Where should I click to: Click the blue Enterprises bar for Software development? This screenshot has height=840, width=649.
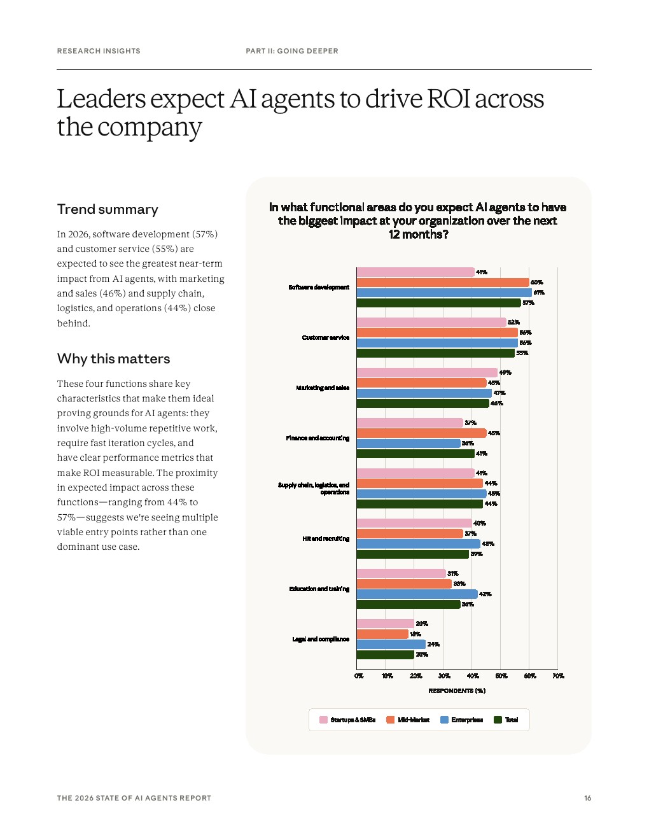(x=443, y=293)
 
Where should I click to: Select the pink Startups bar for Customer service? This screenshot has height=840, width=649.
(x=431, y=323)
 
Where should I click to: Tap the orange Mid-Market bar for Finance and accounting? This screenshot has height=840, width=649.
(x=421, y=433)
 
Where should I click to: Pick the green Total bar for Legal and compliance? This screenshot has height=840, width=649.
(x=385, y=655)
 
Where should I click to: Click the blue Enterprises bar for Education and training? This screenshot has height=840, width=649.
(x=417, y=594)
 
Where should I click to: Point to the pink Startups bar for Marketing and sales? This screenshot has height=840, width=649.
(x=426, y=373)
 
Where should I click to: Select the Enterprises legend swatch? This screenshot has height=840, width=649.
(x=444, y=720)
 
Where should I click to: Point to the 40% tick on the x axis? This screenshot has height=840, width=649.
(x=473, y=676)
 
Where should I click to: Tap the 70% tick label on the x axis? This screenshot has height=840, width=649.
(x=558, y=676)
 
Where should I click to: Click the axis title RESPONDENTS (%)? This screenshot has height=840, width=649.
(x=457, y=690)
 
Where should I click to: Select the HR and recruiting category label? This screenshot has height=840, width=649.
(x=326, y=539)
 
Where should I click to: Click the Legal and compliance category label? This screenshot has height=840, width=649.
(x=321, y=640)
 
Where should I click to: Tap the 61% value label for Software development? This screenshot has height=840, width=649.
(x=539, y=293)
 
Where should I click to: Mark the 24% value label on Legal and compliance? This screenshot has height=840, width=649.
(x=433, y=645)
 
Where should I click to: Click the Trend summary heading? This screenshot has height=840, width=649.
(x=108, y=209)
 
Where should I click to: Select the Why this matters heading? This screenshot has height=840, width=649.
(x=113, y=359)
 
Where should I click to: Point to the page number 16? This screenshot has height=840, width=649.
(x=588, y=798)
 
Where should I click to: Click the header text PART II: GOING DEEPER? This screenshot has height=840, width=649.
(x=292, y=51)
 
